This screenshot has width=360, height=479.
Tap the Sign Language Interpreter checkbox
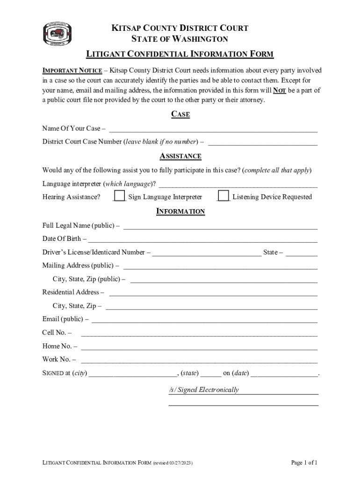[120, 196]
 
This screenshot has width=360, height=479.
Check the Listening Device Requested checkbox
[224, 196]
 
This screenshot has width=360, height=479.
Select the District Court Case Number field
[263, 143]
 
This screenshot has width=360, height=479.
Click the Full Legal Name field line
[220, 227]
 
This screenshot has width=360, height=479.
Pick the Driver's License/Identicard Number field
[207, 254]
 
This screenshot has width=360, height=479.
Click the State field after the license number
[302, 254]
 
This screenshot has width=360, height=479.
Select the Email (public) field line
[204, 321]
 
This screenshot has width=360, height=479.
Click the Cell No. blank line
[199, 334]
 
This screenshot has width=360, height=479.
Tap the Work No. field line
[199, 361]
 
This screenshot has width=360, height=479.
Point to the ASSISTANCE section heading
[180, 156]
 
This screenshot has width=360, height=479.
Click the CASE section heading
[180, 114]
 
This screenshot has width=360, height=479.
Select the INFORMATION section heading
[180, 211]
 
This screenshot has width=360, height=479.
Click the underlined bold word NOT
[280, 90]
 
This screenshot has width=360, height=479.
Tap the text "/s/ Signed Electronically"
[204, 390]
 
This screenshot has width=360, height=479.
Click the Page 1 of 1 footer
[304, 463]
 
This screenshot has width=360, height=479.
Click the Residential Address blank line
[213, 294]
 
